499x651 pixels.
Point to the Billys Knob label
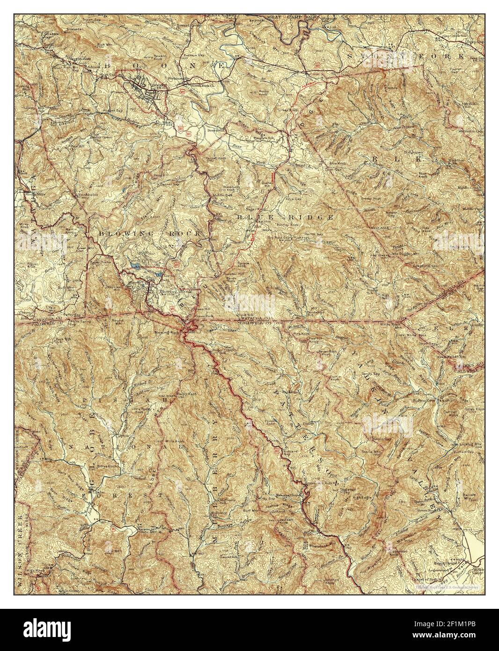click(x=106, y=467)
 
